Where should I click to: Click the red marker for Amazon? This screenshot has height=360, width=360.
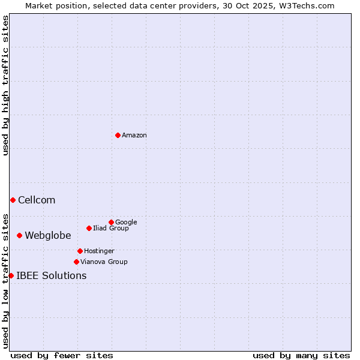pos(118,135)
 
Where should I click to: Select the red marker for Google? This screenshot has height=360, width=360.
pos(111,222)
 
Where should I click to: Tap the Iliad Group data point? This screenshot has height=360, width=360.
pos(89,228)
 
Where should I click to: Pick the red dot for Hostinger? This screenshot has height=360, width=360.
pos(80,251)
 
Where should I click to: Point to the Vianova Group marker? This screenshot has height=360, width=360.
pos(76,262)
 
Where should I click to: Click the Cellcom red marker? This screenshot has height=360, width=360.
pos(13,200)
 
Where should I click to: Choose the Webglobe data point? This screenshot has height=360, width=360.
pos(19,235)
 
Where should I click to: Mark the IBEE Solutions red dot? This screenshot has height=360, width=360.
pos(11,275)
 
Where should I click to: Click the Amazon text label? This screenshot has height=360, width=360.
pos(134,136)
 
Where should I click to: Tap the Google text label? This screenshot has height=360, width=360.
pos(126,222)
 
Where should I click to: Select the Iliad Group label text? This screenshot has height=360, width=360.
pos(111,228)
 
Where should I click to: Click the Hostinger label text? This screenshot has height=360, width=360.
pos(99,251)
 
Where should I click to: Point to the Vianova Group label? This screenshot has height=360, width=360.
pos(104,262)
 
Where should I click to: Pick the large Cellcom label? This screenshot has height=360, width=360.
pos(37,200)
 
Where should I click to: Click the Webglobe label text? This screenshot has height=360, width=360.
pos(48,235)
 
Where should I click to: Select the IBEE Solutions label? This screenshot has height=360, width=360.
pos(52,276)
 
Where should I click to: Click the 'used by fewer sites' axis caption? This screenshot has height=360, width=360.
pos(62,355)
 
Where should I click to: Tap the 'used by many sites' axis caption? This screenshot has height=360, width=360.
pos(301,355)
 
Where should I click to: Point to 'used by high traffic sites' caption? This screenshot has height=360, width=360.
pos(5,85)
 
